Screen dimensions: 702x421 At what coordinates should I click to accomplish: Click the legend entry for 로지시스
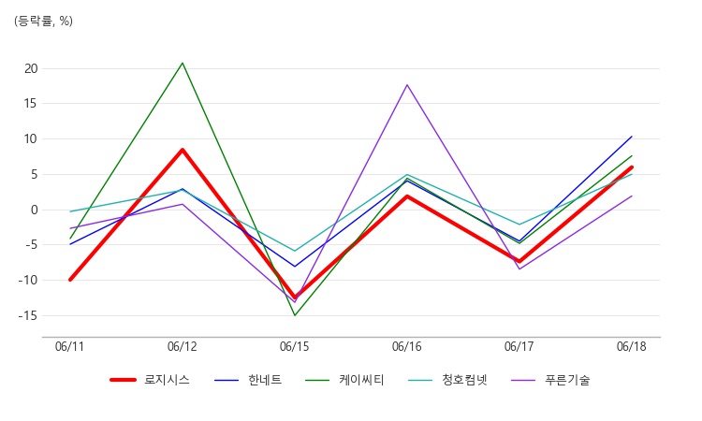point(150,380)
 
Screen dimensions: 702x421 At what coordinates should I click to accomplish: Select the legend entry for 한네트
point(248,380)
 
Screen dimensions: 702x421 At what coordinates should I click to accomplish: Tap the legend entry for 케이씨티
point(344,380)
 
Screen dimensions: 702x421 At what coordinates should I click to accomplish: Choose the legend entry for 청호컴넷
point(447,380)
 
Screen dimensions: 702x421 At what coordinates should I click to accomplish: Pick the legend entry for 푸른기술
point(550,380)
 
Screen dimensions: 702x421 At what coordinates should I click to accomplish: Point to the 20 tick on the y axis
point(31,68)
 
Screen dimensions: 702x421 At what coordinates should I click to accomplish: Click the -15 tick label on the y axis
point(28,316)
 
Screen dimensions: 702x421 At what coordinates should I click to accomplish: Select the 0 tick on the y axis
point(35,210)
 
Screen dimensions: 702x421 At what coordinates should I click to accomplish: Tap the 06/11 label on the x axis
point(69,347)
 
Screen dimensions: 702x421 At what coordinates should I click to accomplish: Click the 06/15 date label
point(294,347)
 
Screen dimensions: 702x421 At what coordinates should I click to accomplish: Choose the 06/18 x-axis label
point(631,347)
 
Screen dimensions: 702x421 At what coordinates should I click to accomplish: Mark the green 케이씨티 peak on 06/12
point(183,63)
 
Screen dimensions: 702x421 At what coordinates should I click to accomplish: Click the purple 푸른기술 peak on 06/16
point(407,84)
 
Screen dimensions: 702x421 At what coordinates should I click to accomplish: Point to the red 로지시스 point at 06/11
point(70,280)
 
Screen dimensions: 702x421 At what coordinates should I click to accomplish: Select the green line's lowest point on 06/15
point(295,315)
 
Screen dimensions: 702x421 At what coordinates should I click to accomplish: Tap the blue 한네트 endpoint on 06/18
point(632,136)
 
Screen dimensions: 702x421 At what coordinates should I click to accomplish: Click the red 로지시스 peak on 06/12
point(183,150)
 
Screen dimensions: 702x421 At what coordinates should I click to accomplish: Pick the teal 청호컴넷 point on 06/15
point(295,251)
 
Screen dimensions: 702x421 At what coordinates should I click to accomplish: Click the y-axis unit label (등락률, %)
point(43,21)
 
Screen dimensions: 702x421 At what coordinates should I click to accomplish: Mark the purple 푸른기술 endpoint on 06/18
point(632,196)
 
